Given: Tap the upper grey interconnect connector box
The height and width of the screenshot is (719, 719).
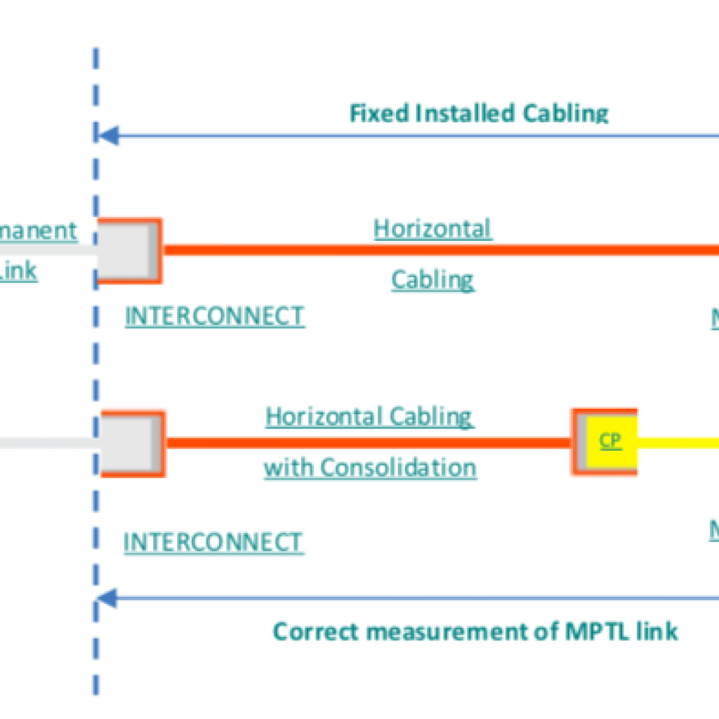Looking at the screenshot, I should pos(126,251).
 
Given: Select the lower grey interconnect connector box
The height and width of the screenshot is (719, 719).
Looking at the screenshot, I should pos(130,443).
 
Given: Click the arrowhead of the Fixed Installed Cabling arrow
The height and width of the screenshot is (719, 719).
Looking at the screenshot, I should pos(107,136).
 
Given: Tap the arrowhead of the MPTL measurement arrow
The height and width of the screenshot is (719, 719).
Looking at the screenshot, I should pos(107,599).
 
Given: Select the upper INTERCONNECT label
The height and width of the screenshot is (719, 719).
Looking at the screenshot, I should pos(214,316).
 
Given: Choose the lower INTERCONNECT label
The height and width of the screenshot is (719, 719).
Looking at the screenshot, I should pos(213,542).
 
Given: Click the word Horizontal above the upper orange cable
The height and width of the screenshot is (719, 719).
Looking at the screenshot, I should pos(433,228).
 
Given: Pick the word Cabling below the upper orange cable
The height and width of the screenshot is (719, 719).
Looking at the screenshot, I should pos(433,279).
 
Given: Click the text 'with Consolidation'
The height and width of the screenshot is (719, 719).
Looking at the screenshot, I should pos(370,467).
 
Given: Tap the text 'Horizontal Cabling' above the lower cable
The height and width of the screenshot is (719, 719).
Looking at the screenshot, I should pos(369,416).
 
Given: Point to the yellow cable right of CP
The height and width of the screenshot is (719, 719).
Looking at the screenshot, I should pos(678,443).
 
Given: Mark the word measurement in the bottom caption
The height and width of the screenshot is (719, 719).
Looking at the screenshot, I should pos(458,631).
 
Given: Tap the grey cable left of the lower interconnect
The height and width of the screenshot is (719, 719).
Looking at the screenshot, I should pos(49,443).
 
